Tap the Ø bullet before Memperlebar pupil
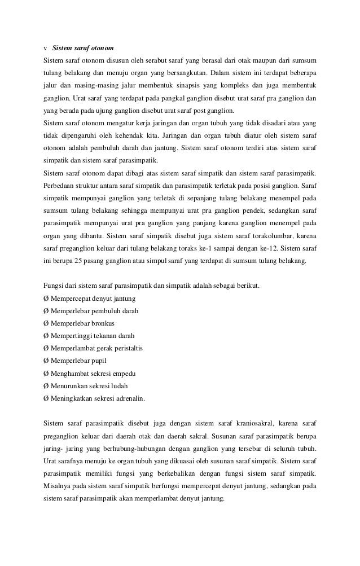(46, 360)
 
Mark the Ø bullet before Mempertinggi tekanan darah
(46, 335)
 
